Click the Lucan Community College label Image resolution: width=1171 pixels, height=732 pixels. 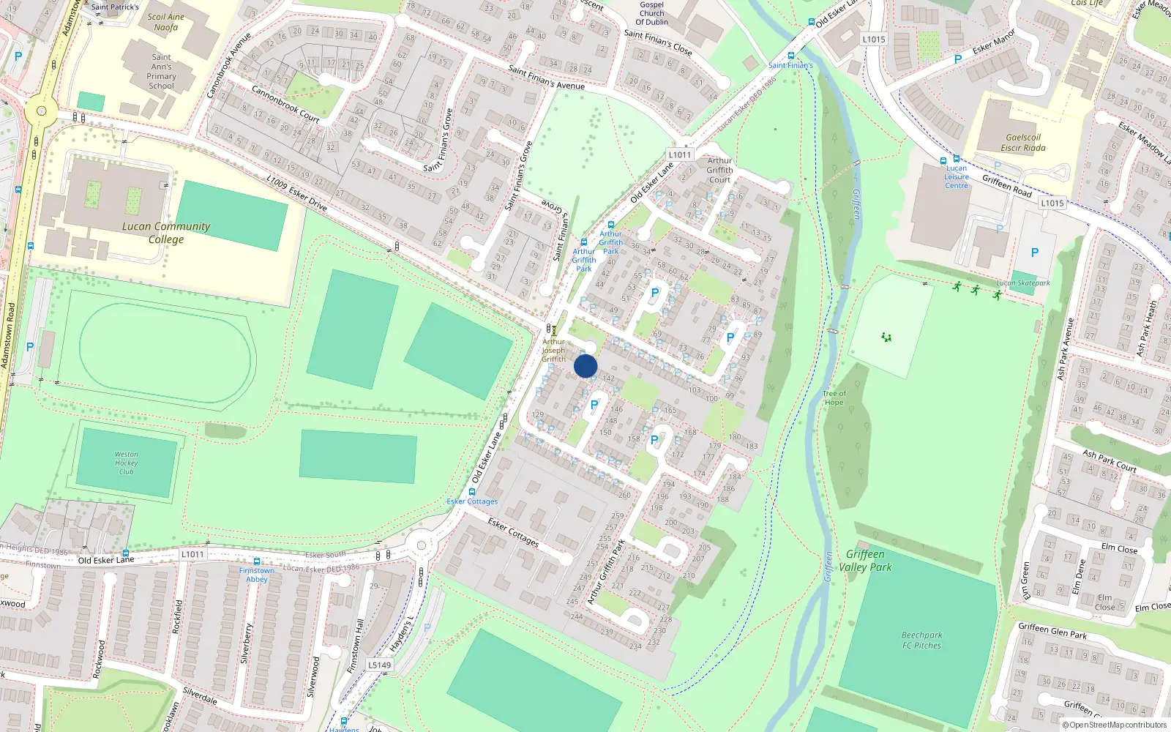click(x=166, y=233)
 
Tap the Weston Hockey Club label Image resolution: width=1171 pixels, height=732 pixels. click(x=126, y=463)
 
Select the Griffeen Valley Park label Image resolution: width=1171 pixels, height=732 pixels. click(x=865, y=561)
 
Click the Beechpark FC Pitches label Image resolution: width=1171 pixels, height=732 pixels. click(x=921, y=640)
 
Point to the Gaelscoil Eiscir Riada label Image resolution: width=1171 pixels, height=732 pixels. click(x=1023, y=143)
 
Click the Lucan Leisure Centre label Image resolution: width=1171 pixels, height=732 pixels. click(x=956, y=177)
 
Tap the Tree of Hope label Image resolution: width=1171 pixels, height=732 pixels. click(x=834, y=398)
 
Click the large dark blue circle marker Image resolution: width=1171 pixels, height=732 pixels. click(x=585, y=366)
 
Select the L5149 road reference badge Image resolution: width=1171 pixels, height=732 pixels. click(x=379, y=665)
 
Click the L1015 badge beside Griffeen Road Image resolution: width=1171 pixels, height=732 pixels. click(x=1052, y=203)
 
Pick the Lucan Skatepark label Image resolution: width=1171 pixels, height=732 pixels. click(x=1022, y=283)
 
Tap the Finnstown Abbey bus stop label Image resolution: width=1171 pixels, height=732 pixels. click(x=256, y=575)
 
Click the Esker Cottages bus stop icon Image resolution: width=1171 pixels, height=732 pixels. click(x=472, y=492)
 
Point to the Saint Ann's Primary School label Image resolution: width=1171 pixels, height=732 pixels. click(x=161, y=71)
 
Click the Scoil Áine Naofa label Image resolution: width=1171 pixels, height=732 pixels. click(x=166, y=22)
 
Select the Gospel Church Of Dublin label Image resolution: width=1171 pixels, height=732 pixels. click(x=651, y=13)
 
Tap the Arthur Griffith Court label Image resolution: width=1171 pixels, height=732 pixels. click(x=719, y=170)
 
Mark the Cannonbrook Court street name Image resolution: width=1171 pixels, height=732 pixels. click(x=285, y=104)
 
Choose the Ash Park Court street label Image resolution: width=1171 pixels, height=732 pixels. click(x=1109, y=460)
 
